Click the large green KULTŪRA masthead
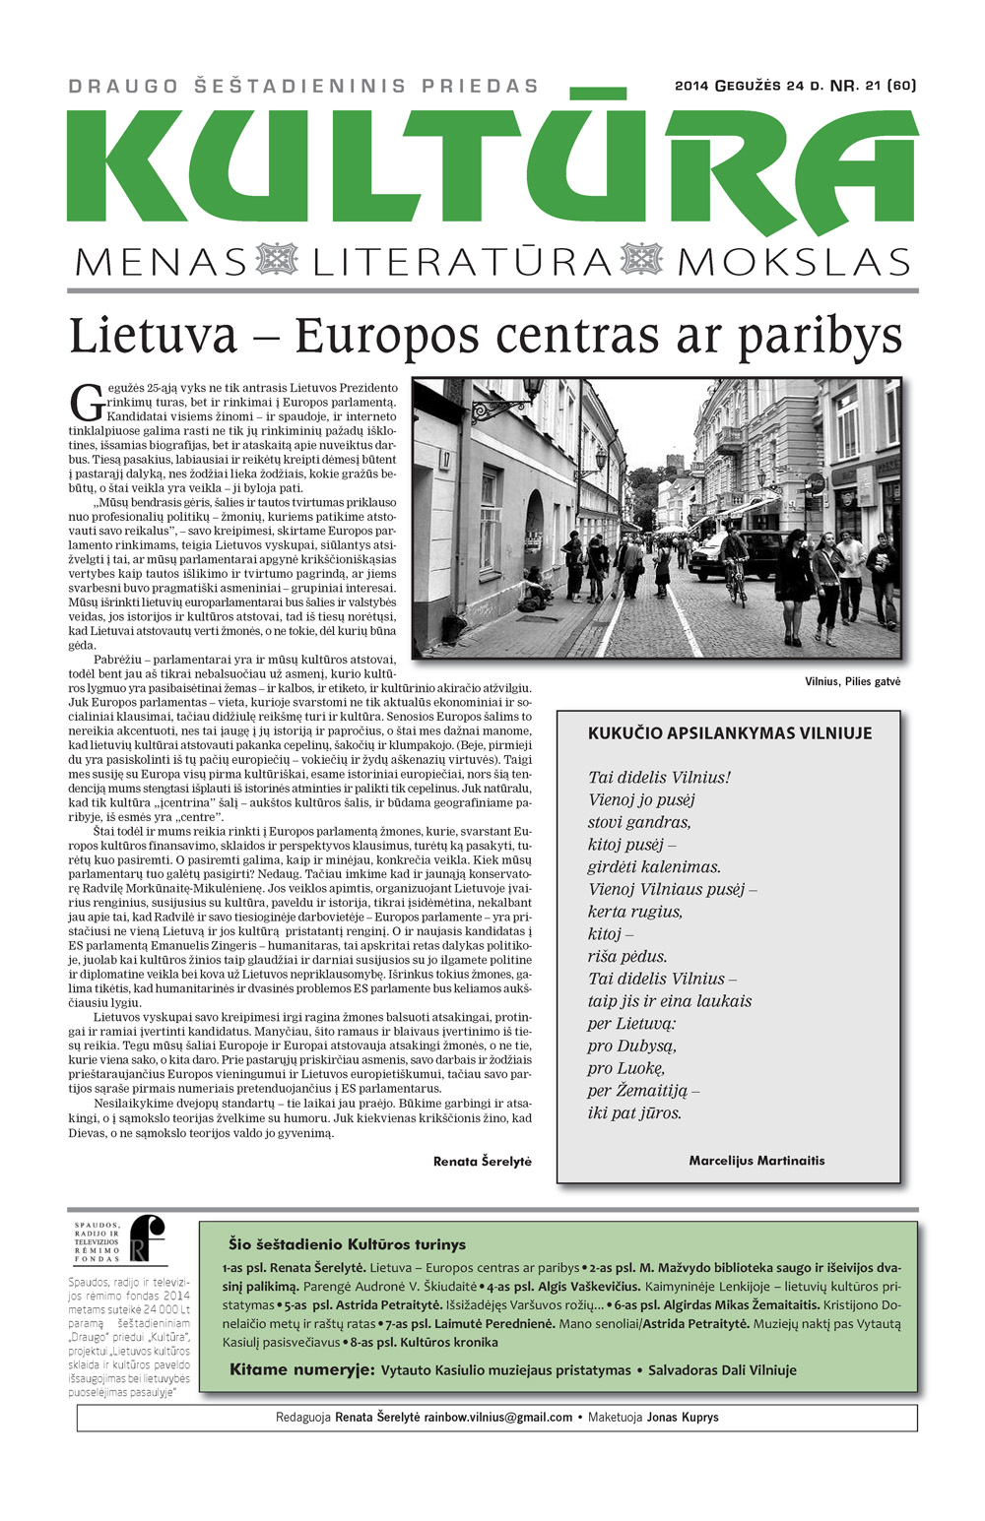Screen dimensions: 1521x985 492,167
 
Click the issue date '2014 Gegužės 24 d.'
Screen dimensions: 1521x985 749,86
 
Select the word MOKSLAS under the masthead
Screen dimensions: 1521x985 794,262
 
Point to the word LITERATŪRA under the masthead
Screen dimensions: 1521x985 462,262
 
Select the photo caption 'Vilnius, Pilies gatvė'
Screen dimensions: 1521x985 852,681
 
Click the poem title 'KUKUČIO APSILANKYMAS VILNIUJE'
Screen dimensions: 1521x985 729,733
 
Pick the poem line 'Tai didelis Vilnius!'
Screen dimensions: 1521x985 659,778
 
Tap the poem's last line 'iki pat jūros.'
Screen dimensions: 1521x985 634,1113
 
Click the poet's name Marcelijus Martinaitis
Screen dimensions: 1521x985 756,1161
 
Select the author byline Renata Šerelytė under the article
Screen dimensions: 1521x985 482,1162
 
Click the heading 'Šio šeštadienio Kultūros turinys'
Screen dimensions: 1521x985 347,1244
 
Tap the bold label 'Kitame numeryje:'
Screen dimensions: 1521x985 301,1369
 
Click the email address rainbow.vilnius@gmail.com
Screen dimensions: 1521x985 497,1418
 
